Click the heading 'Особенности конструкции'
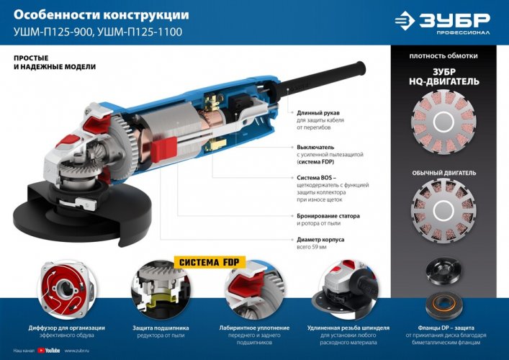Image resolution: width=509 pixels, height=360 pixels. click(102, 14)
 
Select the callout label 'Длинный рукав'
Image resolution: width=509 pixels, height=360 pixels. click(316, 113)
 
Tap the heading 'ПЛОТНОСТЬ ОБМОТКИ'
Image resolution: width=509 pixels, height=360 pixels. click(443, 55)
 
